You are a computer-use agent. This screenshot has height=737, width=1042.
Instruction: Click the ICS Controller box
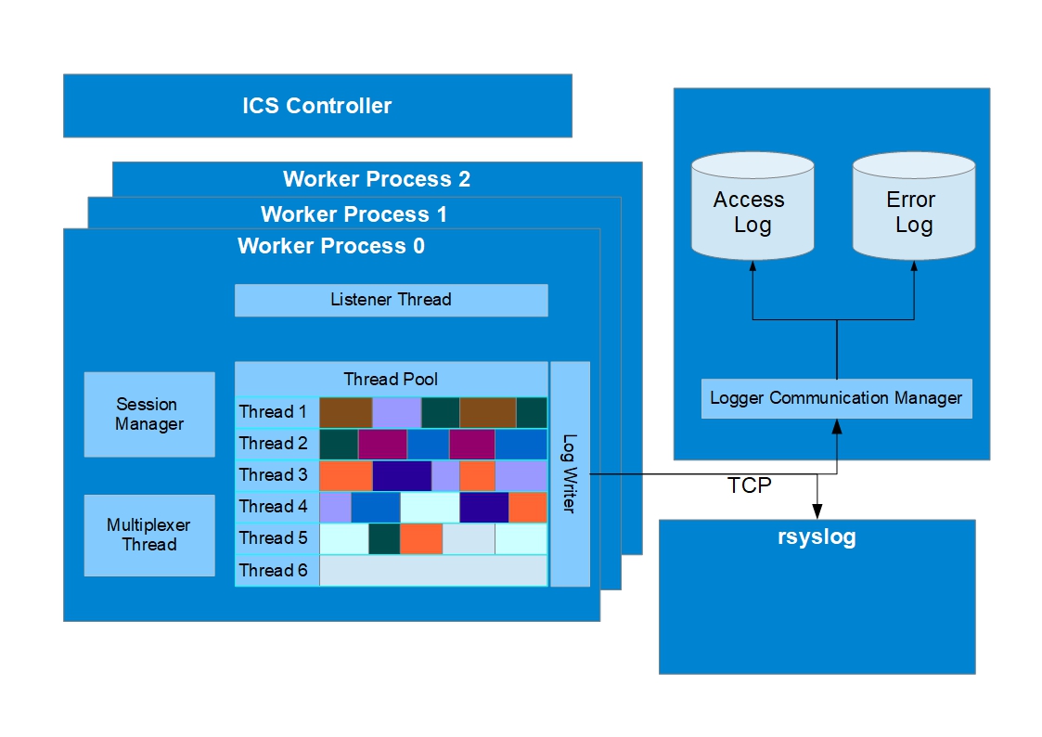317,106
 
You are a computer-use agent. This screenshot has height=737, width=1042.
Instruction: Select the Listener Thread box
392,300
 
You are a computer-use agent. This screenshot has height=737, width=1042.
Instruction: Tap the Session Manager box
149,414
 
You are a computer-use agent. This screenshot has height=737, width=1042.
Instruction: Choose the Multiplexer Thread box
149,535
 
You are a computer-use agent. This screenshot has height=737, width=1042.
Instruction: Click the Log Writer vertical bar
570,473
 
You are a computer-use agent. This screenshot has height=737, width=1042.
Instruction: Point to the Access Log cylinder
753,205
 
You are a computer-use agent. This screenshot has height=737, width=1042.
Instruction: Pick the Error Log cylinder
914,205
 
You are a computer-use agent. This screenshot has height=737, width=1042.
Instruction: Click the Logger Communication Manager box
837,398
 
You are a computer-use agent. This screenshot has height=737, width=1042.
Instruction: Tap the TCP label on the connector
749,485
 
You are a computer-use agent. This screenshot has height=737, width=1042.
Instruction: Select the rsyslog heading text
817,537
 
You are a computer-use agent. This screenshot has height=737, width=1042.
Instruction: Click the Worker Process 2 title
377,179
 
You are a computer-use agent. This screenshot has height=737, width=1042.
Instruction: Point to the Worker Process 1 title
354,214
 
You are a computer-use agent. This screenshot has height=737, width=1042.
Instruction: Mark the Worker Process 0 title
331,246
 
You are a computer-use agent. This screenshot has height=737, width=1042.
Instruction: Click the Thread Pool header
391,379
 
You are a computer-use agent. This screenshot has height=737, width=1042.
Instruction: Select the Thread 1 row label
273,412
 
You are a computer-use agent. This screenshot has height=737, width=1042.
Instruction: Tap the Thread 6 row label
273,570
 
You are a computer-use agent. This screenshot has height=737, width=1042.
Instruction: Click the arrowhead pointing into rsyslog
817,511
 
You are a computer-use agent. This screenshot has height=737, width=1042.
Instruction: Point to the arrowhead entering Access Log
753,265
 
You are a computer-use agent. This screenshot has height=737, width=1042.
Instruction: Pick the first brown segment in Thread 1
345,413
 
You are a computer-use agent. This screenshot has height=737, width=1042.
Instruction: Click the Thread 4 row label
273,507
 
